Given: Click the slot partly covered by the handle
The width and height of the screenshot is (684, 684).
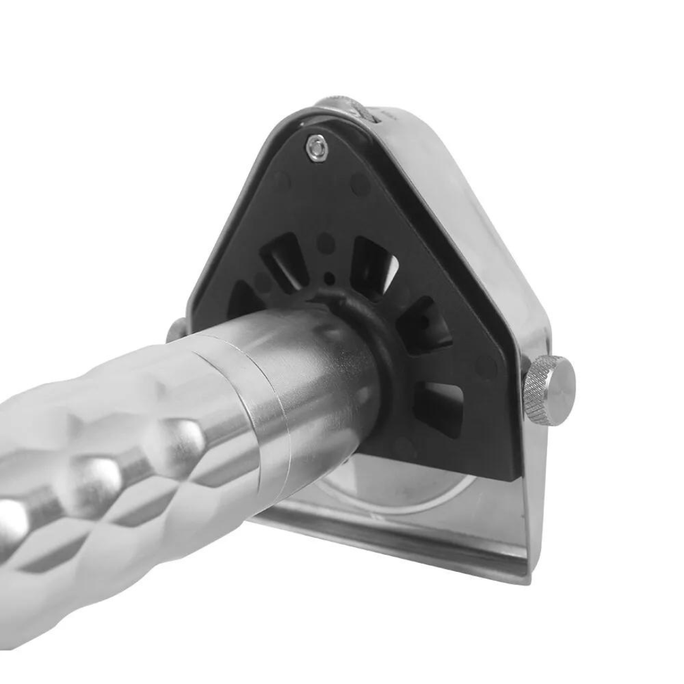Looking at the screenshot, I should (244, 298).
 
